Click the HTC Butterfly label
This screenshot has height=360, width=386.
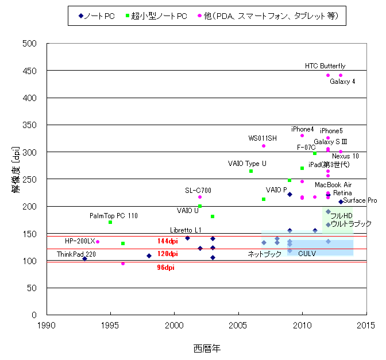[325, 66]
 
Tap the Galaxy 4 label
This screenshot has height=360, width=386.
[342, 82]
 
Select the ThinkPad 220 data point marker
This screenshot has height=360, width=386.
[84, 258]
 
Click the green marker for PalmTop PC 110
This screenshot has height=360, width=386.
[110, 222]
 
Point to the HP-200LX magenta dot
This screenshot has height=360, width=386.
[98, 242]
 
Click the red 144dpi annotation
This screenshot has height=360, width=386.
[167, 241]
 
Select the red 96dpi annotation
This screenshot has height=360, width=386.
[167, 267]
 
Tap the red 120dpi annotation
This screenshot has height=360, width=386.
[167, 254]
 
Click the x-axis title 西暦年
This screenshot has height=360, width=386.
[206, 348]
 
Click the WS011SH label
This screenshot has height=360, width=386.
[262, 138]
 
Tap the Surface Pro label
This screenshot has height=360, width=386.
[360, 201]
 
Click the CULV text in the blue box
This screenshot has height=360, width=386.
[307, 253]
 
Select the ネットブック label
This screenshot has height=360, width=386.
[265, 254]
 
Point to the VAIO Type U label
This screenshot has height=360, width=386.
[247, 164]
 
